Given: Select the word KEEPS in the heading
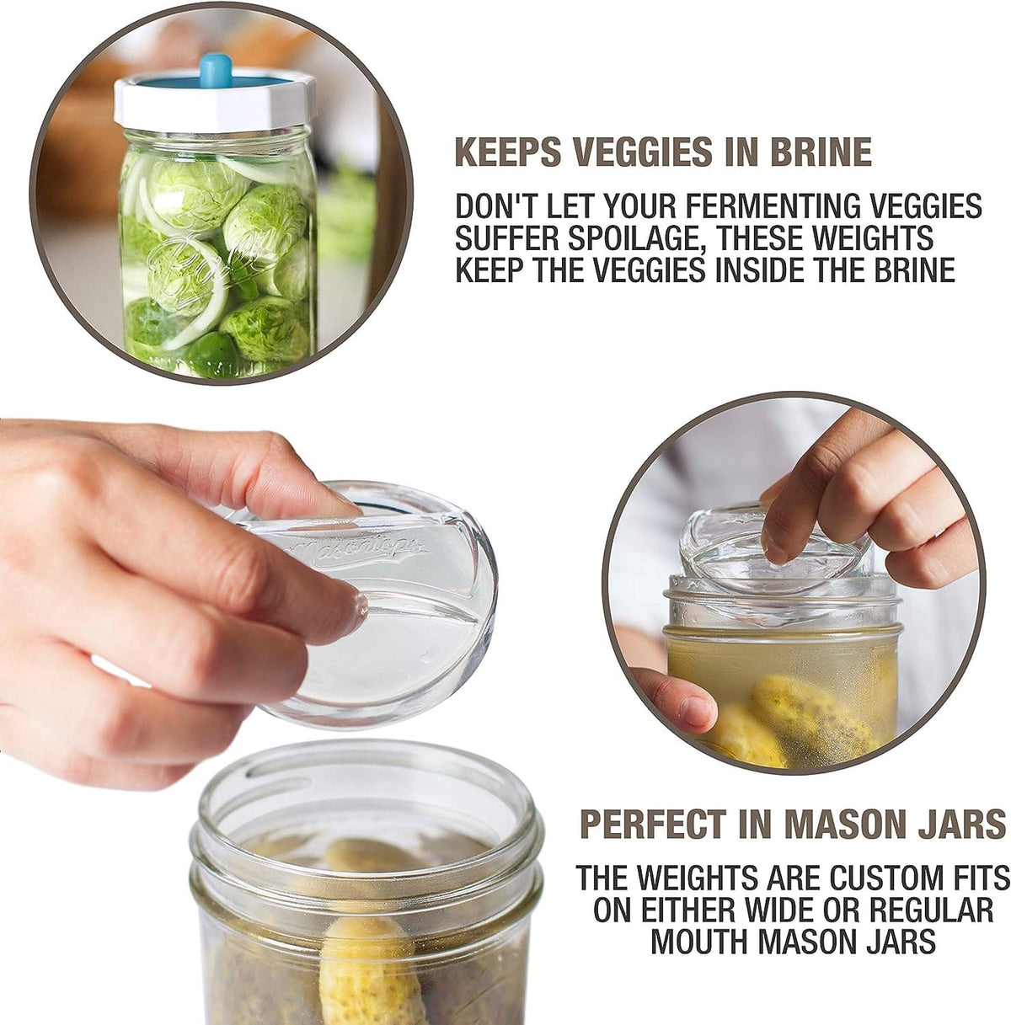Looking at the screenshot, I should click(508, 152).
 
